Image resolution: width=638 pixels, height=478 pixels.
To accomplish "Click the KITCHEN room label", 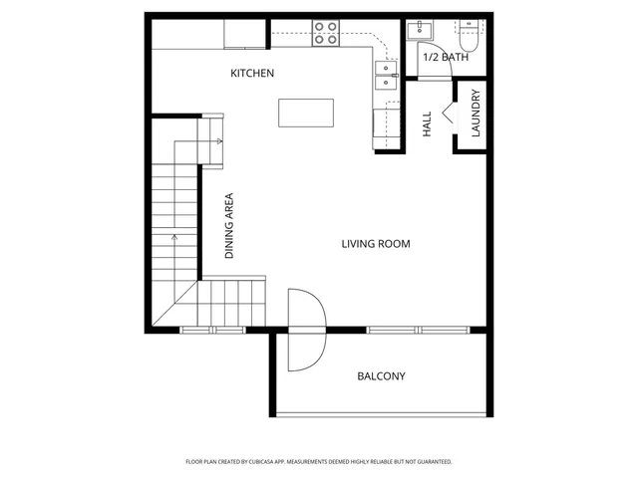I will tap(252, 74).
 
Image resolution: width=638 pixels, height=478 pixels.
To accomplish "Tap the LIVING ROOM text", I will tap(376, 244).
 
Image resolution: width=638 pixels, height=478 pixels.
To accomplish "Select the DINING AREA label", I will tap(229, 226).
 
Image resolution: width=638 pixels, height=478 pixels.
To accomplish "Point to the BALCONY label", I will tap(381, 376).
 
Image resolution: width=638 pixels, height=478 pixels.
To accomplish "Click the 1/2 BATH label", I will tap(446, 58).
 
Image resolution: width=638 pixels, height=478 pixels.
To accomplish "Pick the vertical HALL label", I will tap(427, 123).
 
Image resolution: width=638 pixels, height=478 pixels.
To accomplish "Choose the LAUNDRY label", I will tap(477, 116).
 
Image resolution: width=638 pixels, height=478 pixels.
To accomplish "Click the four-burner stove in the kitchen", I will tap(325, 34).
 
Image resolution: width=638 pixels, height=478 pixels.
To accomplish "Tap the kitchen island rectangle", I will tap(304, 113).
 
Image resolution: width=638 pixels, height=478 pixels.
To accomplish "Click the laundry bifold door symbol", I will tap(449, 113).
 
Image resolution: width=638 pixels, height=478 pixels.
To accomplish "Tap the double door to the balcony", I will tap(304, 329).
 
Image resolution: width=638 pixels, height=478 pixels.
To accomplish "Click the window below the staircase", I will tap(212, 329).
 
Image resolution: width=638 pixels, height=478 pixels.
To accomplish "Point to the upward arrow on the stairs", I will tap(174, 239).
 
